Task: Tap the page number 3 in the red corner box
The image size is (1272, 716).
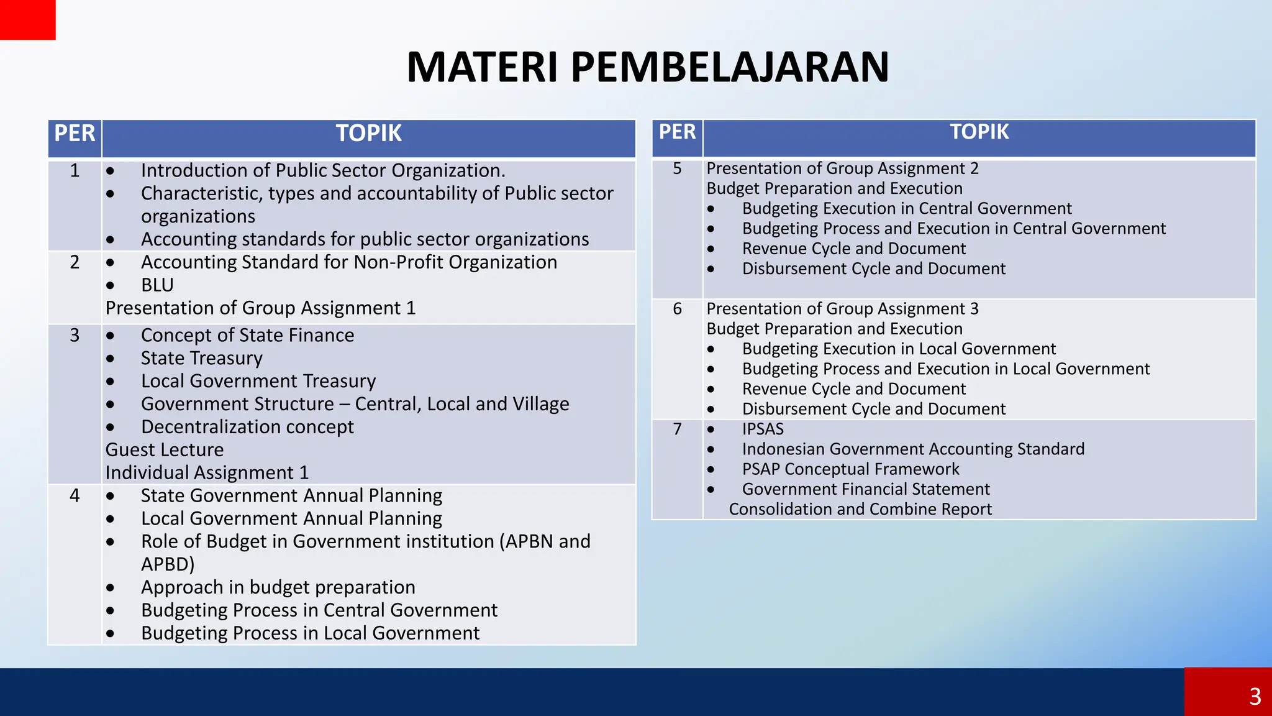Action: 1255,696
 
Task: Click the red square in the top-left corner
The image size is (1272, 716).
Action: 27,19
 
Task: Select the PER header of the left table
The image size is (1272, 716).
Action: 75,134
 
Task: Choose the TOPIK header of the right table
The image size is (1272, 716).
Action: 979,132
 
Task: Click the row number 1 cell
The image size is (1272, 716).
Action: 75,170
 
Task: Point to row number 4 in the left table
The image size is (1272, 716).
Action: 75,495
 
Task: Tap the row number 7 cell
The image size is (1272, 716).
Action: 677,429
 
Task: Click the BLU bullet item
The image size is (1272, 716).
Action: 157,285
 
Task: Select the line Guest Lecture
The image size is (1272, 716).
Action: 165,449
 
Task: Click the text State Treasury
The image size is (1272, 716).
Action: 201,358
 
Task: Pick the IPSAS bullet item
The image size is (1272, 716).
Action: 763,429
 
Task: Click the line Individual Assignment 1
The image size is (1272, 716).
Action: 207,472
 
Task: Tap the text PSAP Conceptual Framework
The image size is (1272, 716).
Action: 850,469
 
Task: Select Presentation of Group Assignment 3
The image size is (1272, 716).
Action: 842,308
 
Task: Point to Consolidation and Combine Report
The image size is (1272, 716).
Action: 860,509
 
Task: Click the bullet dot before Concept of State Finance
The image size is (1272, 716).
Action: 110,336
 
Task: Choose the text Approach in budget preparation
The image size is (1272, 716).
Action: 278,587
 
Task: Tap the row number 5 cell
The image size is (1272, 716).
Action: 677,168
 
